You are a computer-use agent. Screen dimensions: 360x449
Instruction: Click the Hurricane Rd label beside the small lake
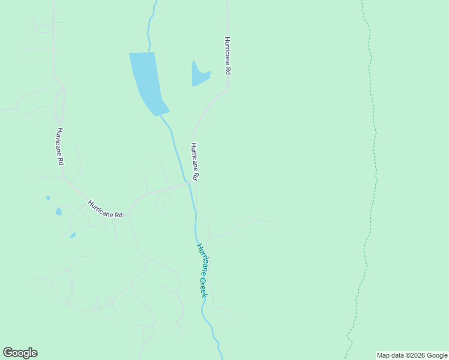(x=228, y=56)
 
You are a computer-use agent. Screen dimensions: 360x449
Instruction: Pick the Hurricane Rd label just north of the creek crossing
(x=194, y=161)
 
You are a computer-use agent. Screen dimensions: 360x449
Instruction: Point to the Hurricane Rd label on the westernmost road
(x=60, y=146)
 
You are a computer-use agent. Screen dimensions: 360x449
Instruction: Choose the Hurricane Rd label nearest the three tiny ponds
(x=105, y=209)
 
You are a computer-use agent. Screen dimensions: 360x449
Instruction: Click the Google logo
(x=20, y=353)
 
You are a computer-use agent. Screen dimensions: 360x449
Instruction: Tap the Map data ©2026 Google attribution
(x=412, y=355)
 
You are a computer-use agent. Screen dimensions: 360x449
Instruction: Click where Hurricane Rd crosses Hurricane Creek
(x=189, y=183)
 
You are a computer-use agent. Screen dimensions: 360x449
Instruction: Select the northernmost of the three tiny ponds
(x=47, y=198)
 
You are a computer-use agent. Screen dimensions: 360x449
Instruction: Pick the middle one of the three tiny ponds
(x=59, y=211)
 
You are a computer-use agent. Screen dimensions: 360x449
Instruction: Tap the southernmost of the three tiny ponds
(x=73, y=235)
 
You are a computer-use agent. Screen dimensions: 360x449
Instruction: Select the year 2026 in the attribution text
(x=417, y=355)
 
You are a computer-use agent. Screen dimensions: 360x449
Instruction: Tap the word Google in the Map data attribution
(x=436, y=355)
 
